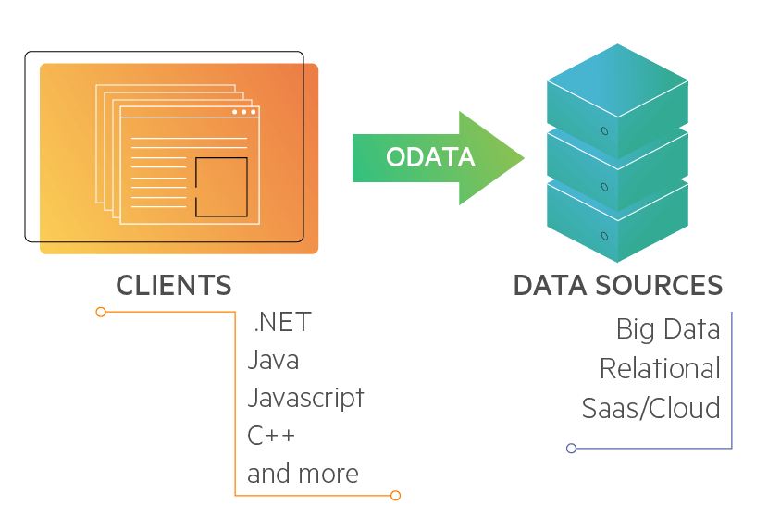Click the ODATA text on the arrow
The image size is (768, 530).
(x=430, y=157)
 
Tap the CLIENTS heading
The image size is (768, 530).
(x=174, y=285)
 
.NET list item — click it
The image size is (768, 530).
(x=282, y=323)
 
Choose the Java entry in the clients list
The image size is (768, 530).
(x=273, y=360)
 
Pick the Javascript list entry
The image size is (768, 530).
(x=305, y=398)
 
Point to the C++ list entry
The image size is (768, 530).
(x=271, y=436)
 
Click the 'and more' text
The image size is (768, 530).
(x=303, y=474)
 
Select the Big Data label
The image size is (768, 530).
(x=668, y=329)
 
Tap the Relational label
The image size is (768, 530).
(x=660, y=369)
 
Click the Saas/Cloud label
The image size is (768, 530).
(x=650, y=408)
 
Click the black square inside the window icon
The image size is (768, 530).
(x=221, y=187)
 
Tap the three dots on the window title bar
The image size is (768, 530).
(x=244, y=112)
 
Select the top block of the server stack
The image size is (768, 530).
(x=617, y=92)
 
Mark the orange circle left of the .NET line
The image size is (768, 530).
(x=101, y=312)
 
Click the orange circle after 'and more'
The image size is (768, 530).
(x=395, y=496)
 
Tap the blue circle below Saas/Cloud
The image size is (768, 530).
(x=571, y=449)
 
